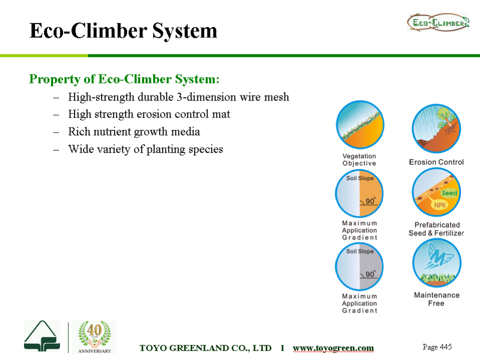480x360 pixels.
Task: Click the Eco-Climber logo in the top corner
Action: tap(438, 22)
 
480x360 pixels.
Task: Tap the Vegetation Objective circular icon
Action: tap(359, 124)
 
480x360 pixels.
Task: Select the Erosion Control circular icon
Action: tap(436, 128)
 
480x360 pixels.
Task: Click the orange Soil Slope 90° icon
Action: tap(359, 193)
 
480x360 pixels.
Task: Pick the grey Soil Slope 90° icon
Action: tap(359, 266)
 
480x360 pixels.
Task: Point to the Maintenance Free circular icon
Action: tap(436, 262)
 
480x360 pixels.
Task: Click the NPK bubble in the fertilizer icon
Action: tap(440, 205)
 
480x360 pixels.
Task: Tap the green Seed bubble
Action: tap(449, 193)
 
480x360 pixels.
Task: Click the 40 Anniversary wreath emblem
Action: tap(94, 337)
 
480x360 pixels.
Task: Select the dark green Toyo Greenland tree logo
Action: tap(42, 336)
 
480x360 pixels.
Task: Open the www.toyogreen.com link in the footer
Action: tap(333, 348)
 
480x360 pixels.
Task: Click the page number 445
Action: tap(437, 347)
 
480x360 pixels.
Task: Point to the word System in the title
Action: tap(184, 31)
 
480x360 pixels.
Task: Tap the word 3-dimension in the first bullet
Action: tap(206, 97)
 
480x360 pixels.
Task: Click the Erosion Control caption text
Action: tap(436, 162)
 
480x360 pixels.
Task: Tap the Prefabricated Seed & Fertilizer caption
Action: tap(436, 229)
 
